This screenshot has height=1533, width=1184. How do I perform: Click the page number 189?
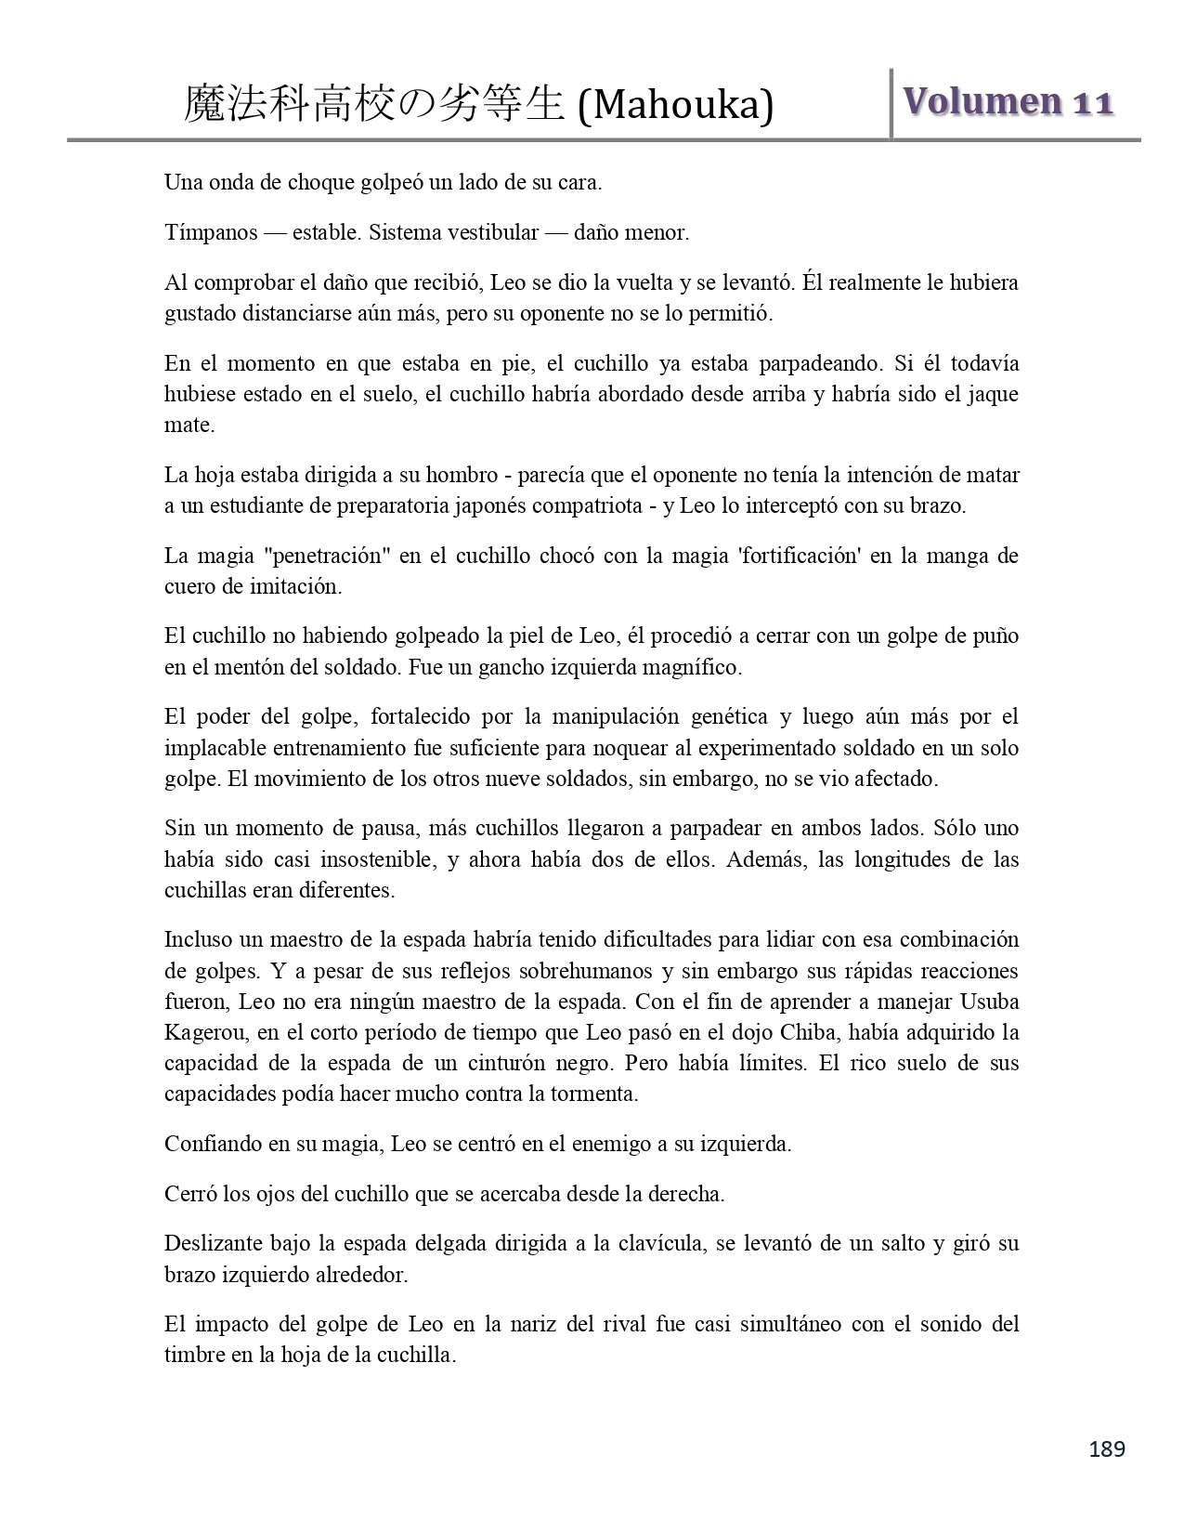point(1107,1448)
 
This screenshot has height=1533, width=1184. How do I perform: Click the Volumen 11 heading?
point(1008,101)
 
